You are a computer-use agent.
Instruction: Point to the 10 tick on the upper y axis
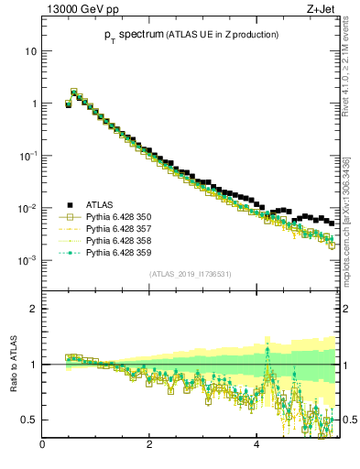click(30, 51)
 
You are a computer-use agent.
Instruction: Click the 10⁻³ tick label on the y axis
click(27, 261)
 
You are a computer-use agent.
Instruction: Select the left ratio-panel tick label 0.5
click(29, 420)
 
